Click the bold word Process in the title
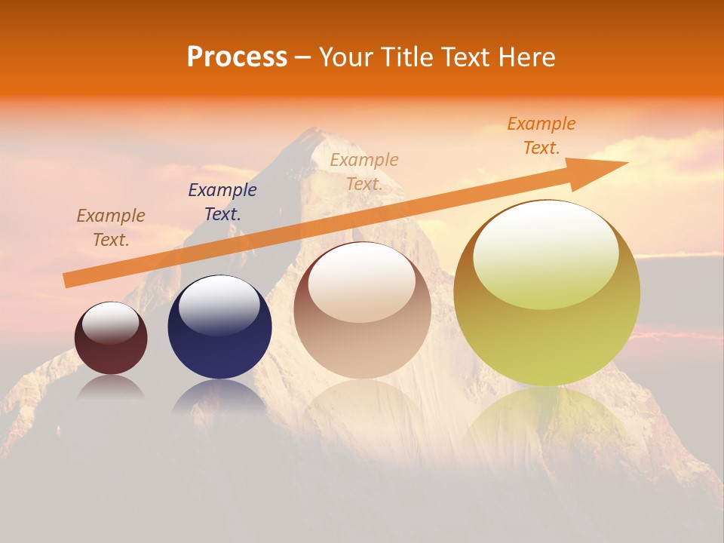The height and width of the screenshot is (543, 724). [x=237, y=57]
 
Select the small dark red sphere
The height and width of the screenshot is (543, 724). [x=111, y=339]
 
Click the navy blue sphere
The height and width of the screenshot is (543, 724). [x=219, y=327]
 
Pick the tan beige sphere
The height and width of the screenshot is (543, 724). [x=362, y=310]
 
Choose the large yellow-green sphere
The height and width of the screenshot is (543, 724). [x=547, y=293]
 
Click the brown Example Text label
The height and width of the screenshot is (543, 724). [x=111, y=228]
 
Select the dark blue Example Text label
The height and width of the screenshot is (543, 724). [x=222, y=202]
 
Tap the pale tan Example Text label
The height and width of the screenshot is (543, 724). [x=364, y=172]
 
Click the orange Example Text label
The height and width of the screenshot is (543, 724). [x=541, y=136]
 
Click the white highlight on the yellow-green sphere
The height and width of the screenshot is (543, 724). [x=545, y=249]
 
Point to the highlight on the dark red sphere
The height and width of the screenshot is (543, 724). [x=111, y=323]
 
